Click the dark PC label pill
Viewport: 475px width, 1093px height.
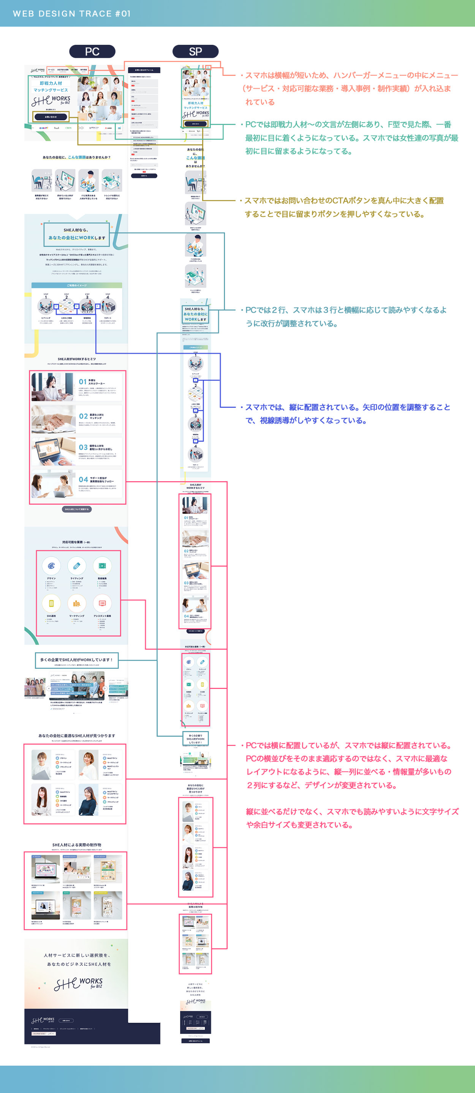92,51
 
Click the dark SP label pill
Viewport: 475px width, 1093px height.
195,51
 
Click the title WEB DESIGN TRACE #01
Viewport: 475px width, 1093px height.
72,14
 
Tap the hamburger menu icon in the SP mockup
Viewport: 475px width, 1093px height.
208,68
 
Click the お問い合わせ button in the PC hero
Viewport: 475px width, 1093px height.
51,117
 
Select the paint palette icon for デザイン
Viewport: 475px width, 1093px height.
51,565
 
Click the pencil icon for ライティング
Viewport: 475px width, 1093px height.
77,565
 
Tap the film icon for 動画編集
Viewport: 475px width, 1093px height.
102,565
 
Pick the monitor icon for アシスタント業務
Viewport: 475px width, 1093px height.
102,603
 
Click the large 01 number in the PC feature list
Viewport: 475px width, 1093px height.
83,382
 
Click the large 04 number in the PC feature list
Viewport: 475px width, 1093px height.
83,479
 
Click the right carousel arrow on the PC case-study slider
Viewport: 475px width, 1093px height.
104,688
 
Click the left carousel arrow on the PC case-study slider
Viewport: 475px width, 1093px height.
48,688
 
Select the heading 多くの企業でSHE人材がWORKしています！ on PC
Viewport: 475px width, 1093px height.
76,660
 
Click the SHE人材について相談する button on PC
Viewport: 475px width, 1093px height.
77,509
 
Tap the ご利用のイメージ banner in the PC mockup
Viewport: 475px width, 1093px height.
77,286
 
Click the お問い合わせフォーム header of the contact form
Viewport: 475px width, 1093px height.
144,70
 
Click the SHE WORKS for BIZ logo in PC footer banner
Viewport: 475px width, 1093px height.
79,984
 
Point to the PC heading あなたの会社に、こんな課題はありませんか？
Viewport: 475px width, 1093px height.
76,157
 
